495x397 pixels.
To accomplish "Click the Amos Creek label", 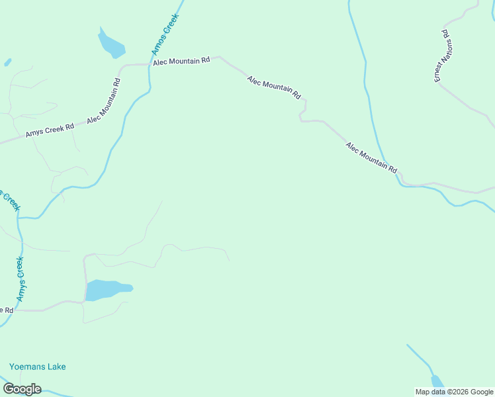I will (x=165, y=36).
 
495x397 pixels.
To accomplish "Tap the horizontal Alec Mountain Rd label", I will (x=181, y=61).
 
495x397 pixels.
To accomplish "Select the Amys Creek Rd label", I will (x=50, y=130).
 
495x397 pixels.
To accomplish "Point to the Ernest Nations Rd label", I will (x=443, y=56).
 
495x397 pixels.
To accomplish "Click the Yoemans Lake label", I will (x=38, y=367).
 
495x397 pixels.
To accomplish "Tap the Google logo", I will (x=22, y=389).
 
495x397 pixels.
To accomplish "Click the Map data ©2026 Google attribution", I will (x=454, y=392).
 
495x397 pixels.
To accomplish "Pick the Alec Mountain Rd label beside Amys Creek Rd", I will (x=104, y=101).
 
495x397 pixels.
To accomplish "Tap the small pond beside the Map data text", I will (x=437, y=382).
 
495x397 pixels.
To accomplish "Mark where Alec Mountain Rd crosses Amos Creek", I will (x=150, y=64).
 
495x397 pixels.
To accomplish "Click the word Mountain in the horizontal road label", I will (x=183, y=61).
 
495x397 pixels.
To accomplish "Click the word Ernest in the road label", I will (x=439, y=71).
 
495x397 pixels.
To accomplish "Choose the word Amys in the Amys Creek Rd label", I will (x=34, y=133).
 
